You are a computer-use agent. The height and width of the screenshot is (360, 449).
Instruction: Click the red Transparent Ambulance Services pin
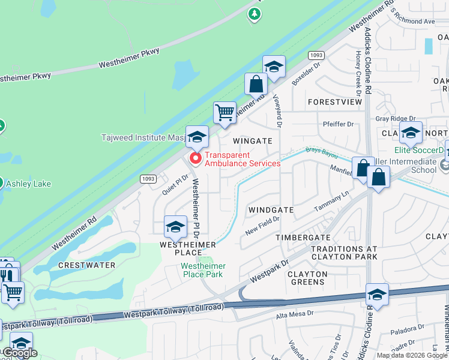pos(195,158)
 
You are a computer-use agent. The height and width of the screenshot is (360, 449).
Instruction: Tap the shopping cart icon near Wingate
pos(224,112)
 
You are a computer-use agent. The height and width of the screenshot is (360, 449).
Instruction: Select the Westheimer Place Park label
pos(203,270)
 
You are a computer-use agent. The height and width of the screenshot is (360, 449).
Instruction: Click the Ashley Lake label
pos(28,184)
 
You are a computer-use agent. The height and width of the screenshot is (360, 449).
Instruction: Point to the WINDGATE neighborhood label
pos(271,210)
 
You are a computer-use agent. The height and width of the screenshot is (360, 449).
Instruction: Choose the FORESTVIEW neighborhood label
pos(335,102)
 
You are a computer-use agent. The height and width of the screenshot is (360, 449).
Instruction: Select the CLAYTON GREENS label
pos(307,278)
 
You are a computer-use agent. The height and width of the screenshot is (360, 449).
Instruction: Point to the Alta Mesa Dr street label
pos(294,313)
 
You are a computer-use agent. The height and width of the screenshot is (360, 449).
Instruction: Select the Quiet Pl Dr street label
pos(175,184)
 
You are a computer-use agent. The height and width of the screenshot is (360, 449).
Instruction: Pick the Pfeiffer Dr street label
pos(338,124)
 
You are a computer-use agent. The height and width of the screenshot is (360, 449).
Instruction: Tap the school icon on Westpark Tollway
pos(377,295)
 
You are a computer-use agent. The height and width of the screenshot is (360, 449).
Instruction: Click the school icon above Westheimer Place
pos(175,227)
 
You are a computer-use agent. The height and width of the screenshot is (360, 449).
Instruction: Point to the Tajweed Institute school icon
pos(197,137)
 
